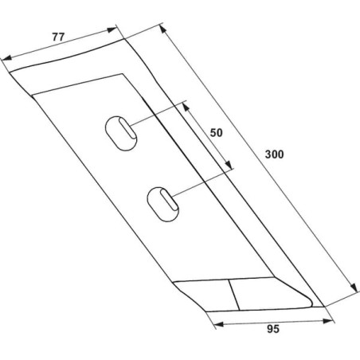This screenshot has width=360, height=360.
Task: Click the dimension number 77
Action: [58, 37]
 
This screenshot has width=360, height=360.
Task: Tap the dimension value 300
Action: [274, 155]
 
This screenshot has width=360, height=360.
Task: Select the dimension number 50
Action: [217, 133]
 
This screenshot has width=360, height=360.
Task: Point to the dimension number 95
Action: [273, 329]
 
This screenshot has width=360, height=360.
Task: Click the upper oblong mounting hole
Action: [121, 133]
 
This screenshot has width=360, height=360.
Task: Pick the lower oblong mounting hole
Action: [162, 204]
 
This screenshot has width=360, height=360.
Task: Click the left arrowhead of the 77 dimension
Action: [6, 57]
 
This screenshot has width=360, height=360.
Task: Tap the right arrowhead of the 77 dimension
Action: [112, 29]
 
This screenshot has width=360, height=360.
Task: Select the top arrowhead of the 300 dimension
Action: [162, 29]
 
